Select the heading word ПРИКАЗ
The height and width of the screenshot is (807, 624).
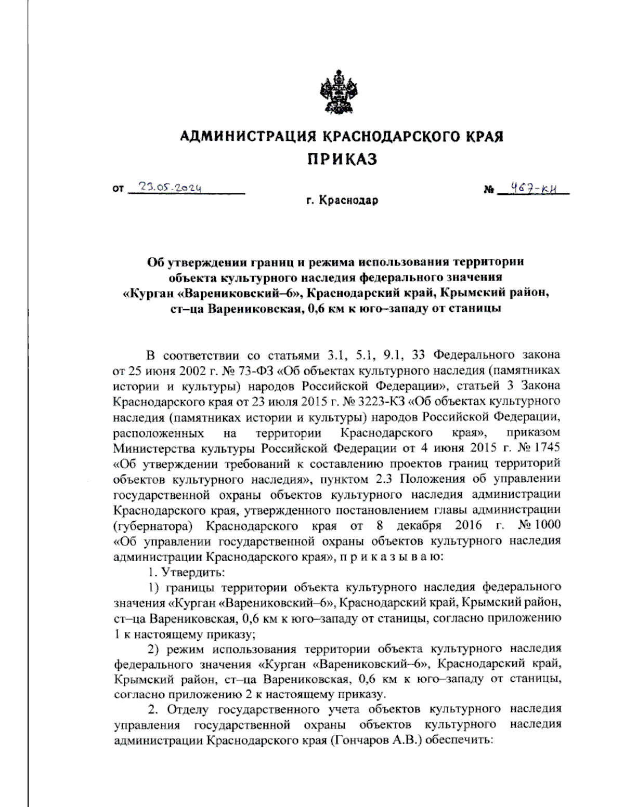[341, 159]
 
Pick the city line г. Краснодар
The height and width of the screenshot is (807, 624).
[342, 200]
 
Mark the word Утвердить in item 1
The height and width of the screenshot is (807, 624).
[193, 572]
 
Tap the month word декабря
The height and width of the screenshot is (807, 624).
[419, 525]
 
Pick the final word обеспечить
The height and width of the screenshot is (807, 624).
[459, 740]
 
